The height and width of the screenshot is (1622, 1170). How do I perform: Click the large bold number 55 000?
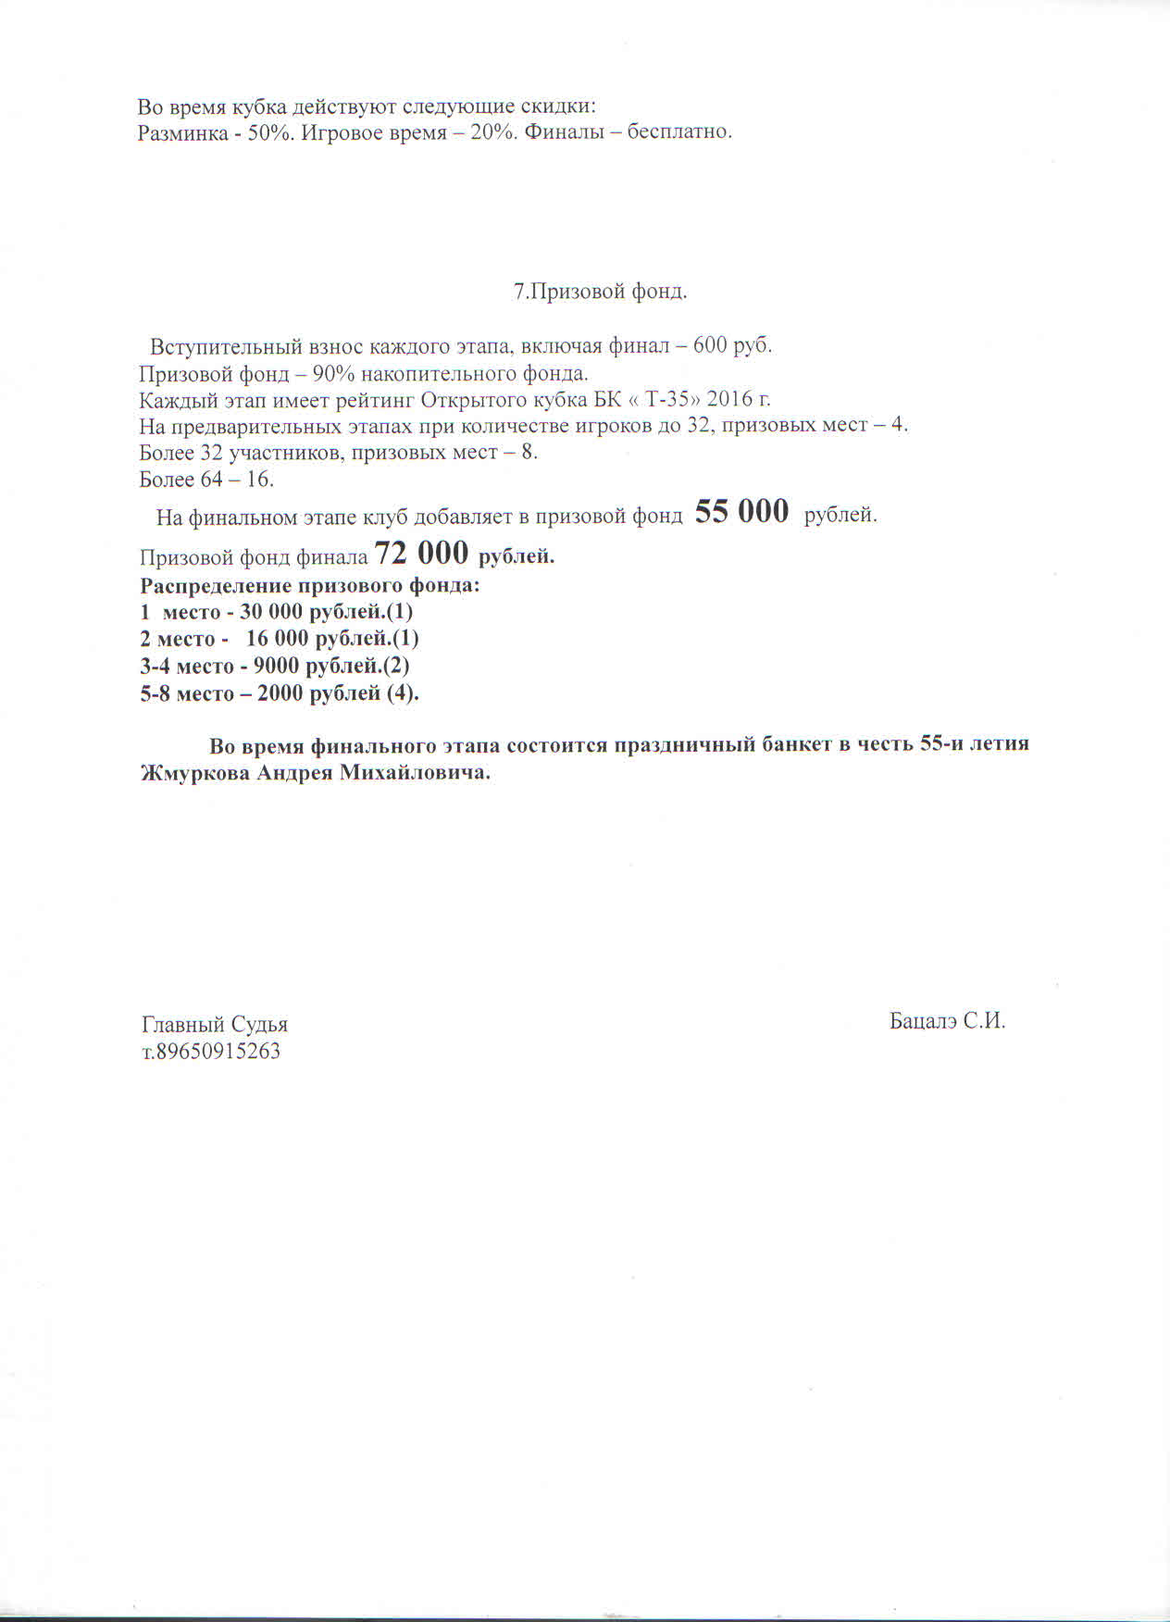[x=741, y=511]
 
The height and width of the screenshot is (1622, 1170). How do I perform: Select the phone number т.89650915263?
[x=211, y=1052]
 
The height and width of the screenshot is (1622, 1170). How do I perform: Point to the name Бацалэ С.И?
[x=947, y=1021]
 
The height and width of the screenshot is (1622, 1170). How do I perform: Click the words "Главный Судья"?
[x=215, y=1025]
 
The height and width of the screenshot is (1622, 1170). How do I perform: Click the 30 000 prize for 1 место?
[x=268, y=612]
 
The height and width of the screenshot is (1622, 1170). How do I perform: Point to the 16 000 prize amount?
[x=277, y=639]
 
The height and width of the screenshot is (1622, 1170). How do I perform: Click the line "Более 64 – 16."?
[x=206, y=480]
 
